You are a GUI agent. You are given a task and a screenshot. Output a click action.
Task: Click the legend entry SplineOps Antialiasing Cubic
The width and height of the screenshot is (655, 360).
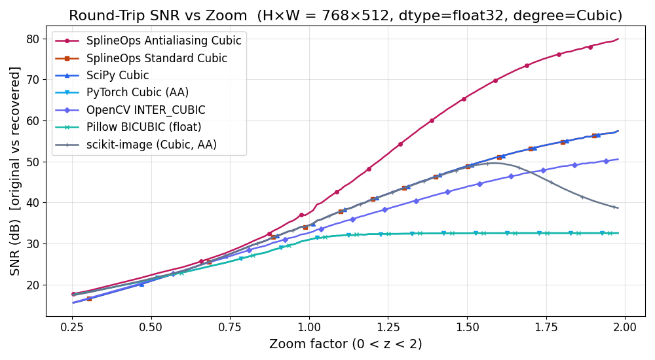pos(164,41)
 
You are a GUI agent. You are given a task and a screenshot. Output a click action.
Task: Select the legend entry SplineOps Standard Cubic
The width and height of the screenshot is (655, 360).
pos(157,58)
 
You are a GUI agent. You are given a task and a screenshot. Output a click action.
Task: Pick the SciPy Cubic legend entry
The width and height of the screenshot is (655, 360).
pos(117,75)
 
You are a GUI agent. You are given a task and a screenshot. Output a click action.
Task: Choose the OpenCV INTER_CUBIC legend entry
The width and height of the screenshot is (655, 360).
pos(145,110)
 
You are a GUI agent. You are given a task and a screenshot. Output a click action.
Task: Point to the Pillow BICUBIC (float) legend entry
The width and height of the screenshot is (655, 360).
pos(143,128)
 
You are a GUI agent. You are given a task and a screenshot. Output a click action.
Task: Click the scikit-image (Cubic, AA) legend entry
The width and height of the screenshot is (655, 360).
pos(151,145)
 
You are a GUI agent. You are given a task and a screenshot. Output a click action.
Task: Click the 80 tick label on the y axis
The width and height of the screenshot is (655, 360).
pos(33,39)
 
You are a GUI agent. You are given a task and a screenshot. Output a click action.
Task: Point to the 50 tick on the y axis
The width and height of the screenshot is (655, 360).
pos(33,162)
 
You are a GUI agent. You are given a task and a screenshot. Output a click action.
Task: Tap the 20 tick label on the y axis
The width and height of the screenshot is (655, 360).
pos(33,285)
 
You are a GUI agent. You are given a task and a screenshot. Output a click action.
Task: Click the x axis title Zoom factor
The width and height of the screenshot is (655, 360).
pos(345,344)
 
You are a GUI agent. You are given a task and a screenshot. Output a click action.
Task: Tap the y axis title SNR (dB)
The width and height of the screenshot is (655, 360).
pos(15,171)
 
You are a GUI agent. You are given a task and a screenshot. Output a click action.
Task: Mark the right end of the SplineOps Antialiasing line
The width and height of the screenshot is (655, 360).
pos(618,39)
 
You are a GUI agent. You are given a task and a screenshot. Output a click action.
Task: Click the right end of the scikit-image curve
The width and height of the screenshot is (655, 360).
pos(618,208)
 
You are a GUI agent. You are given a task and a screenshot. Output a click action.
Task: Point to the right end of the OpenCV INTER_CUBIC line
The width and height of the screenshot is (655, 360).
pos(618,159)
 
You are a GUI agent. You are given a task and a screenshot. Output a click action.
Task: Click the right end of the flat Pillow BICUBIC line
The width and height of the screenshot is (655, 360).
pos(618,233)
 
